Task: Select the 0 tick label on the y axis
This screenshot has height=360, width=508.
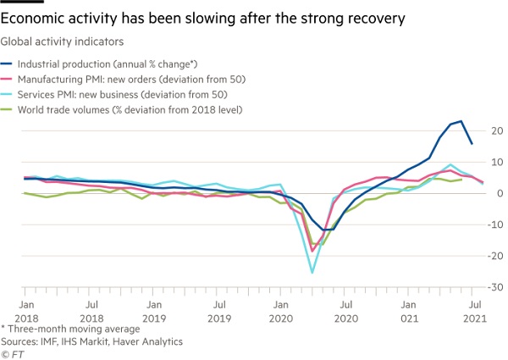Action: pos(498,193)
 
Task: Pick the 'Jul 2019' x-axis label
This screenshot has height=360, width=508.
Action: pos(218,309)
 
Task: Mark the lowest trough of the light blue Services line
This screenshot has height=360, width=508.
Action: pos(312,273)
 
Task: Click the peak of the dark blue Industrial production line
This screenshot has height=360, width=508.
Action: pos(461,121)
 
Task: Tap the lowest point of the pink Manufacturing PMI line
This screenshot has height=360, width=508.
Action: pos(312,251)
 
